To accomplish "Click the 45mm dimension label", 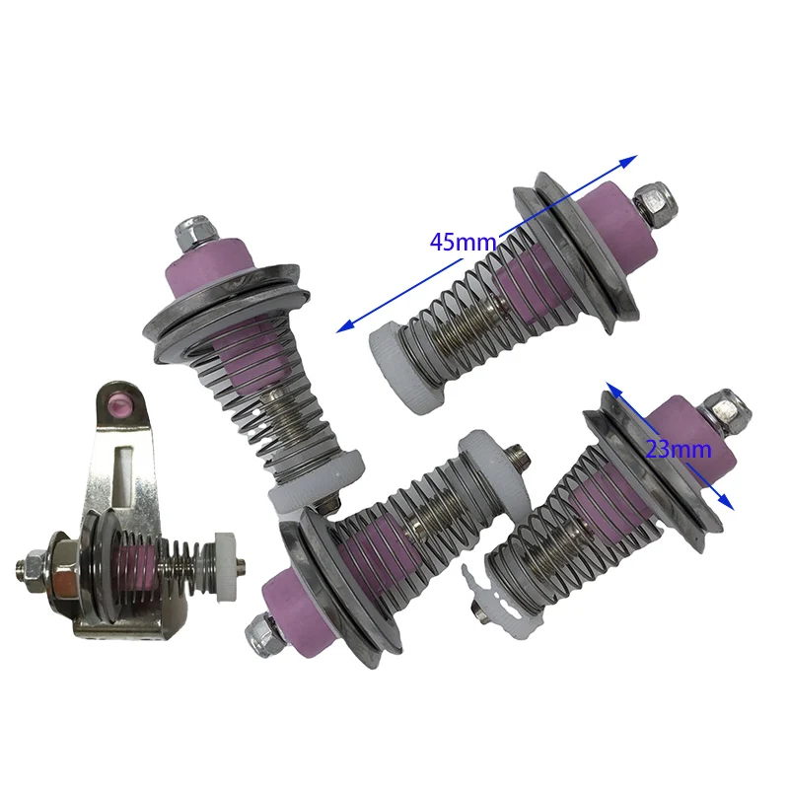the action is (x=463, y=242).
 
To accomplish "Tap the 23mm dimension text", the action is (x=678, y=450).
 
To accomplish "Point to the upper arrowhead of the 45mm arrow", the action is (x=628, y=162).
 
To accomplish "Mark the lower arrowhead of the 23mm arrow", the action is (x=726, y=502).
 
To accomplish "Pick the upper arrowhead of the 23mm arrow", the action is (x=612, y=389).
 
